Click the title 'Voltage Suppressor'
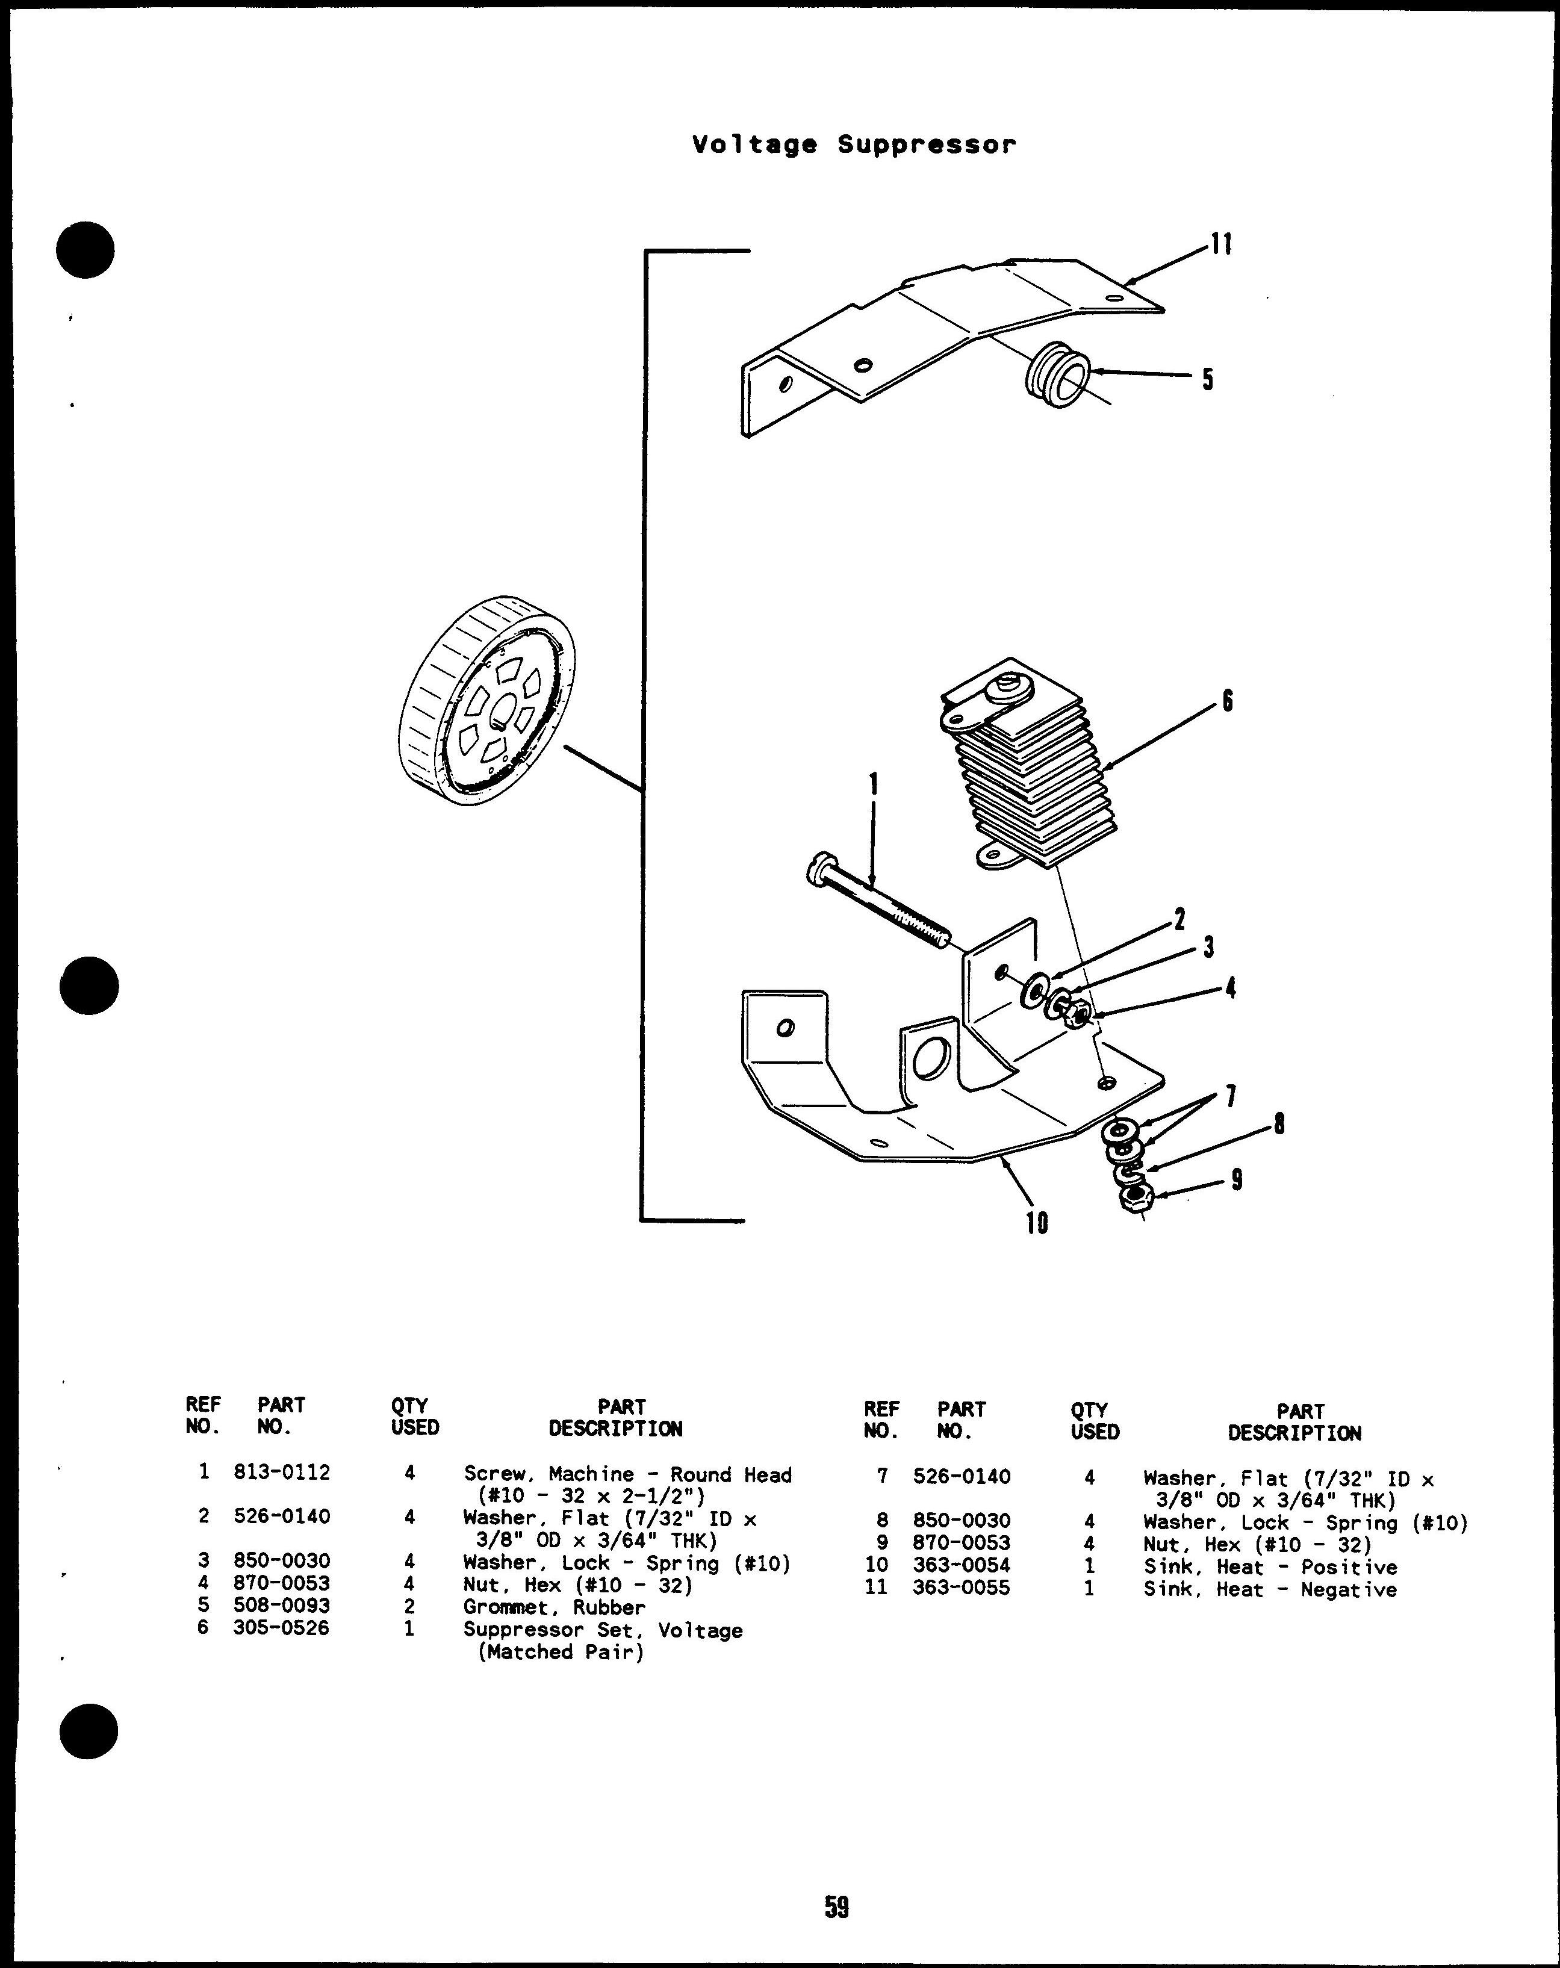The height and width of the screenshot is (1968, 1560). [x=854, y=145]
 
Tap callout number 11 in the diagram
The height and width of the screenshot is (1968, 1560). [x=1222, y=244]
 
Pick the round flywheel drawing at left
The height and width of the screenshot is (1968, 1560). [x=488, y=701]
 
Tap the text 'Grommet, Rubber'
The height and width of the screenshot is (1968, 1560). [x=553, y=1607]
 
